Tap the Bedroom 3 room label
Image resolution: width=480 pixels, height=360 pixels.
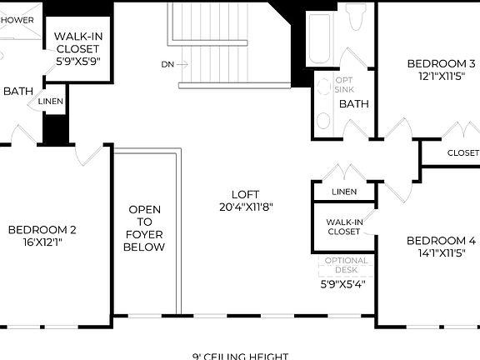tap(441, 63)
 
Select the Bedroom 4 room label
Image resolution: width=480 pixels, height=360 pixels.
tap(441, 241)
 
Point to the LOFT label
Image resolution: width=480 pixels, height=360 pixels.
tap(247, 192)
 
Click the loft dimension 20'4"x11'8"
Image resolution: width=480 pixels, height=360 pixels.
tap(247, 207)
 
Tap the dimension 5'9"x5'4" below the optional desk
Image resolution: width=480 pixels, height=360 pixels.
tap(343, 283)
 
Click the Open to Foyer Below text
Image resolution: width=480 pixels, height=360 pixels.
tap(144, 228)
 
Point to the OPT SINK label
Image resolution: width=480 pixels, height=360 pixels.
tap(344, 83)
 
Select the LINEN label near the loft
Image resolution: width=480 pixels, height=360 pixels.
tap(343, 192)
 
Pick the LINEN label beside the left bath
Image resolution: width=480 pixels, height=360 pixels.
tap(47, 101)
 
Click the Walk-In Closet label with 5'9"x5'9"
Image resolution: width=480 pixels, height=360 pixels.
tap(77, 48)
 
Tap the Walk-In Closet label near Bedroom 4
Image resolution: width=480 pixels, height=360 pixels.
tap(343, 227)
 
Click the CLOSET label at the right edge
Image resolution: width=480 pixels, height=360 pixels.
tap(462, 153)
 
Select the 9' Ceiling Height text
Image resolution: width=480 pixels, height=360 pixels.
tap(241, 356)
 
